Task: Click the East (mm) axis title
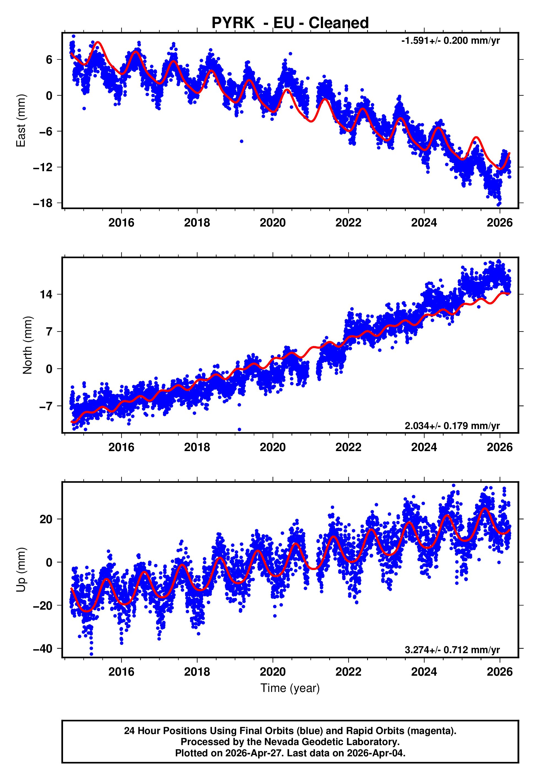click(x=21, y=121)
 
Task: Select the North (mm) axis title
click(x=28, y=345)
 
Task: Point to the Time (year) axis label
click(x=290, y=688)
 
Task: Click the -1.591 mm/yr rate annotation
click(x=450, y=40)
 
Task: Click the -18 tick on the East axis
click(x=43, y=203)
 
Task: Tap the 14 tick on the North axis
click(x=46, y=294)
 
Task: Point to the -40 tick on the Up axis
click(x=43, y=649)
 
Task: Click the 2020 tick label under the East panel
click(x=273, y=223)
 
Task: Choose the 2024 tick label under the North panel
click(x=424, y=447)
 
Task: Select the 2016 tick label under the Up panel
click(x=121, y=672)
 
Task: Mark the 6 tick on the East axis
click(x=49, y=60)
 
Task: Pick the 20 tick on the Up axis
click(x=46, y=519)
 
